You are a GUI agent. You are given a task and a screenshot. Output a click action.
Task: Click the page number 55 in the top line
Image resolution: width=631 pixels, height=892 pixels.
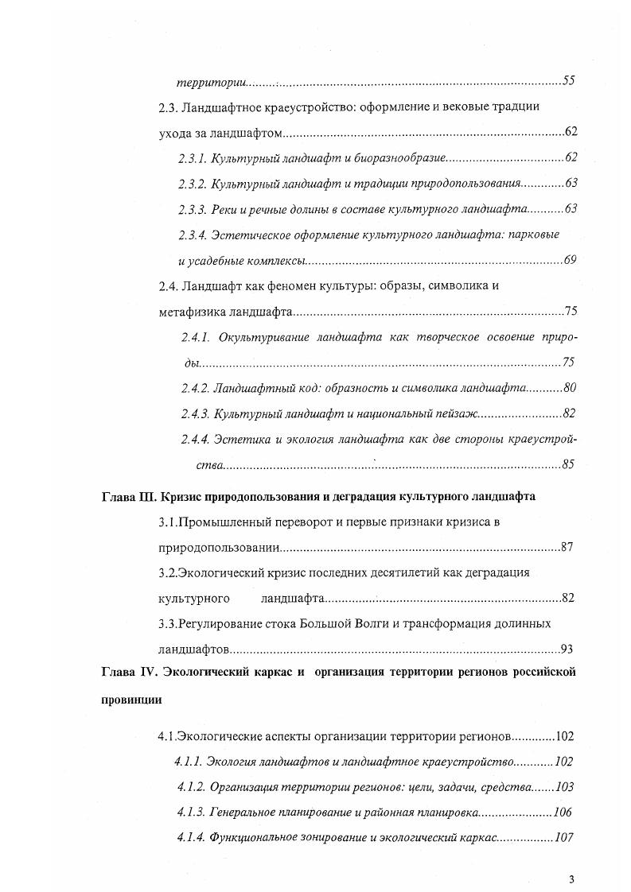coord(568,80)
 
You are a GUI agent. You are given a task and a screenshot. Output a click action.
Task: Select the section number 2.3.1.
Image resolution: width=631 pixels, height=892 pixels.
coord(193,159)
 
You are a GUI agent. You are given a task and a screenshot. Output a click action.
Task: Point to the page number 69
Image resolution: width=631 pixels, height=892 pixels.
coord(570,260)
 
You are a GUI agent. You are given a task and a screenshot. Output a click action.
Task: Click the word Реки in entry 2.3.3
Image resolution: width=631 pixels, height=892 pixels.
coord(227,209)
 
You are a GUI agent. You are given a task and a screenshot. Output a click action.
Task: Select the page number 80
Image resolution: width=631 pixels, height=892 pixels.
coord(568,388)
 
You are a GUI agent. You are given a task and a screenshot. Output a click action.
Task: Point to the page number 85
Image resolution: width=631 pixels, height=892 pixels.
coord(568,464)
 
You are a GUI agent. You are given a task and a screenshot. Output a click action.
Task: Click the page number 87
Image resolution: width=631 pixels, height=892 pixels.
coord(567,547)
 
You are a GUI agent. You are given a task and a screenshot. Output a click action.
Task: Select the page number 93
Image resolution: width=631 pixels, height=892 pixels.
coord(567,648)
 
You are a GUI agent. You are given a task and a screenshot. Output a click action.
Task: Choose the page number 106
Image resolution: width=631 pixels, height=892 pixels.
coord(562,812)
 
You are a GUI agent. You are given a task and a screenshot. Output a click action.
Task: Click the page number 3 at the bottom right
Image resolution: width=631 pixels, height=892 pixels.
coord(571,878)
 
